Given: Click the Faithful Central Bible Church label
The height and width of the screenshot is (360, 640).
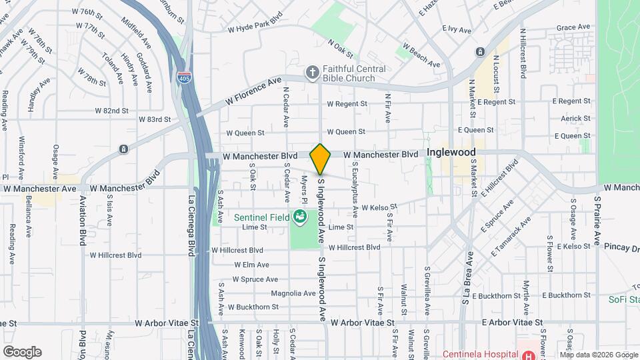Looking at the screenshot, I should pyautogui.click(x=354, y=73).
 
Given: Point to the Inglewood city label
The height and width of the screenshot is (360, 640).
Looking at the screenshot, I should pyautogui.click(x=451, y=152).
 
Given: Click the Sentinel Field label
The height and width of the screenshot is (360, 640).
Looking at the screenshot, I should pyautogui.click(x=261, y=217).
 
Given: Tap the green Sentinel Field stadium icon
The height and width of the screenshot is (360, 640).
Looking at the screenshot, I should pyautogui.click(x=300, y=216).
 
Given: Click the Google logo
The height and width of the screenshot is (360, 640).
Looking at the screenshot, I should pyautogui.click(x=22, y=352).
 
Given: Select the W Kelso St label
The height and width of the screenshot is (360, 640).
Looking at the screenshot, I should pyautogui.click(x=379, y=207).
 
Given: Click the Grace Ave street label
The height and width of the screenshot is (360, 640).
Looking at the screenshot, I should pyautogui.click(x=574, y=27).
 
